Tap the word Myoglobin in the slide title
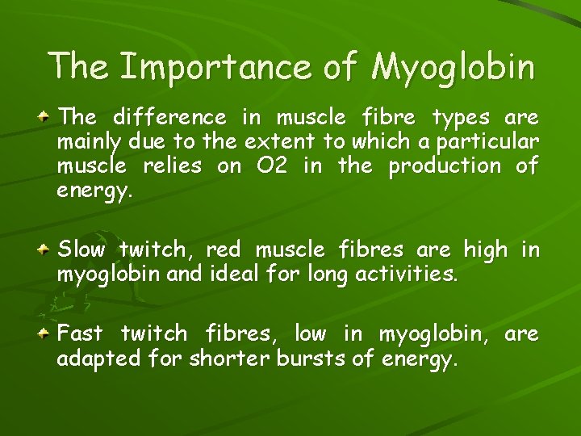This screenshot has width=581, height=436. tap(452, 68)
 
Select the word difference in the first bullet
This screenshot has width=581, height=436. tap(169, 119)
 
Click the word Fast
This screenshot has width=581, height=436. tap(83, 333)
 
